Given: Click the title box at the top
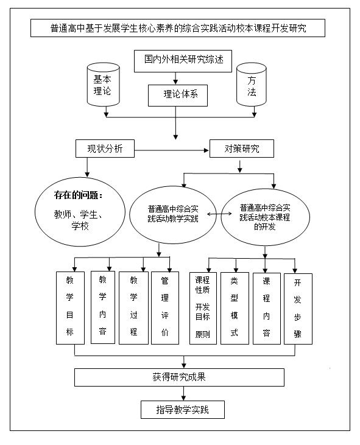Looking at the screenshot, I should coord(177,28).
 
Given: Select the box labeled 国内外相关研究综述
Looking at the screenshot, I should coord(176,60).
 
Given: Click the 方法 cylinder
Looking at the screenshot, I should coord(252,85).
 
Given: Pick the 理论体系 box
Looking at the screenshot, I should coord(177,94).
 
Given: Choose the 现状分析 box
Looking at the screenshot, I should coord(105,149).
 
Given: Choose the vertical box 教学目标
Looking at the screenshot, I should coord(69,307).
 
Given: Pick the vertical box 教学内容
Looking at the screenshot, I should coord(103,307).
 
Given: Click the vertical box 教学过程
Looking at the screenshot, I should coord(133,307).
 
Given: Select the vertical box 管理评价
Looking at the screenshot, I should coord(164,307).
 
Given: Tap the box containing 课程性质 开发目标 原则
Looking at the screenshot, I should coord(203,308).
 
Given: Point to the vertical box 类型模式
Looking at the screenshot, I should coord(234,308).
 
